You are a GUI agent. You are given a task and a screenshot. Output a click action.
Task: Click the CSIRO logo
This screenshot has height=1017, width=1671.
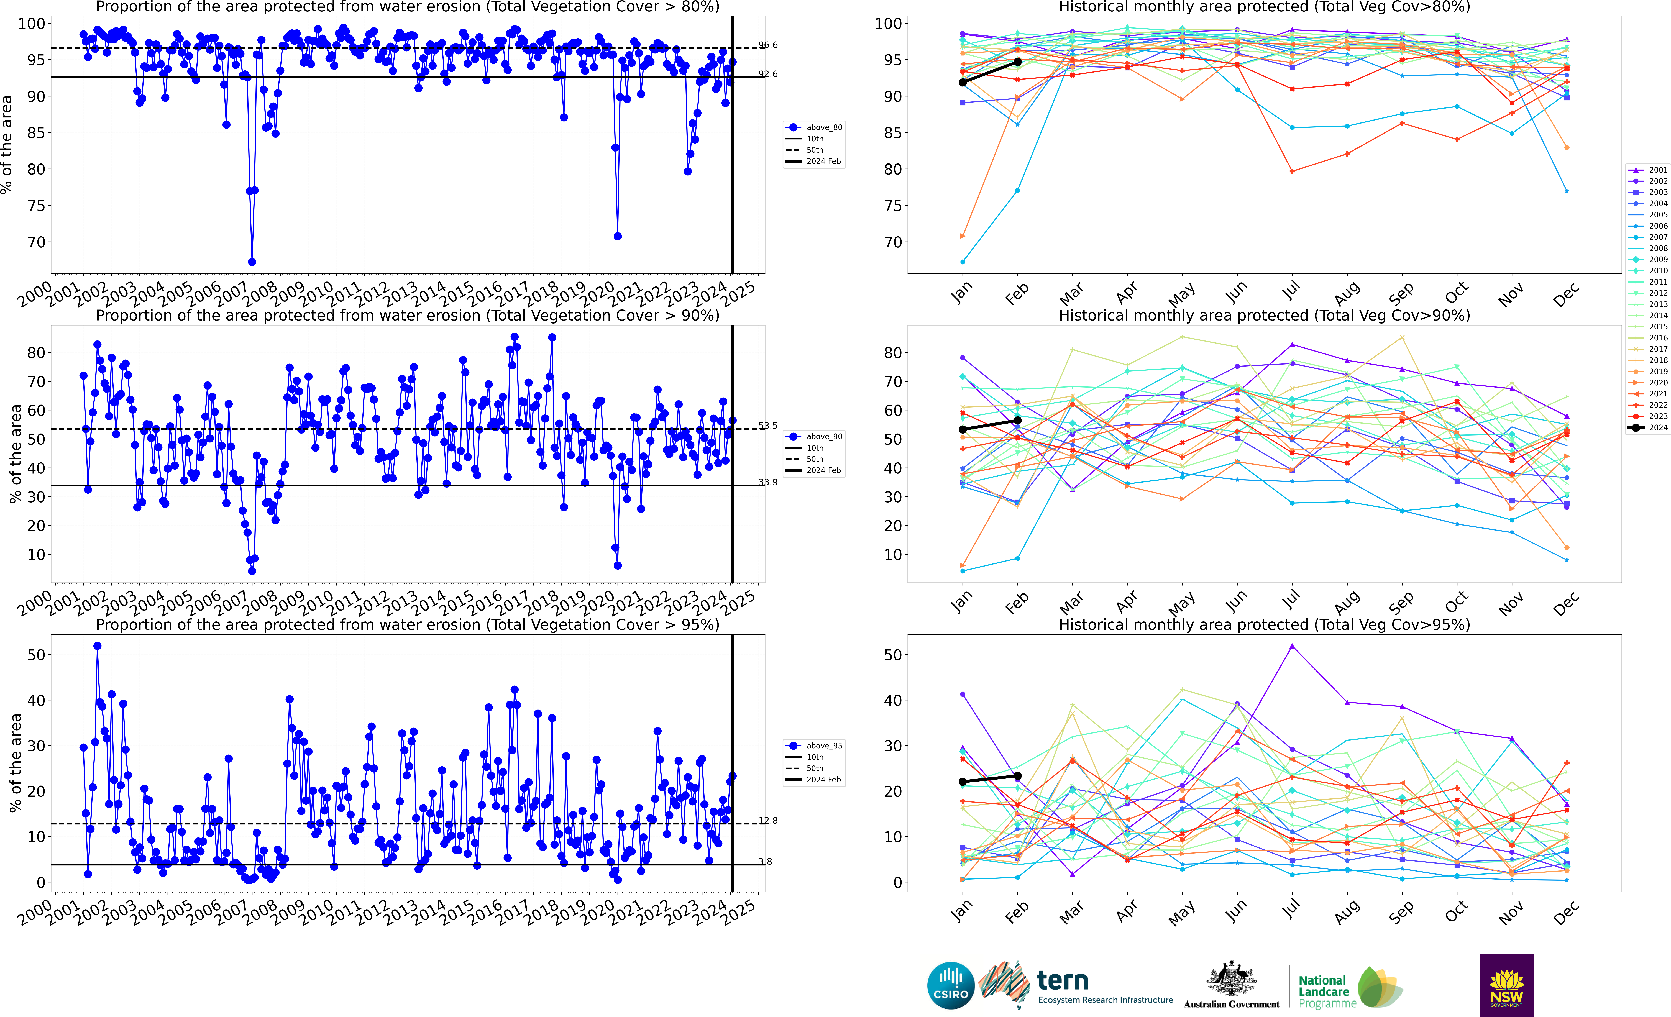coord(950,985)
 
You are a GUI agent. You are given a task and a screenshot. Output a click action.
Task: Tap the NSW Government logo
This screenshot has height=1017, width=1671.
coord(1506,985)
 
